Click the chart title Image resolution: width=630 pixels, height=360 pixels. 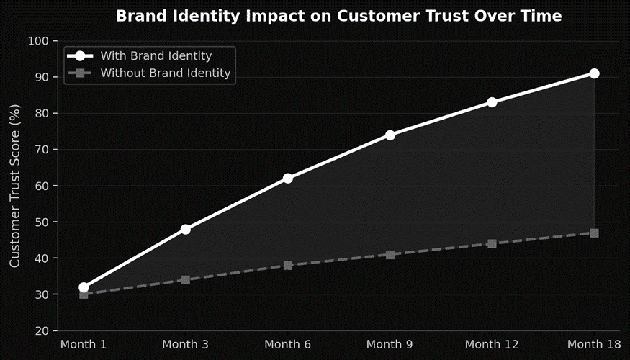[x=338, y=16]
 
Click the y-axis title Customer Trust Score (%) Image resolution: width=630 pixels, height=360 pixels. [x=15, y=186]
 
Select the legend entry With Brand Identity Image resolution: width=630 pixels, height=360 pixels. [x=156, y=55]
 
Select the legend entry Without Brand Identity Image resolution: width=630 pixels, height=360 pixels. [x=165, y=73]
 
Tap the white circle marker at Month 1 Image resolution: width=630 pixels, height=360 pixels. [x=84, y=287]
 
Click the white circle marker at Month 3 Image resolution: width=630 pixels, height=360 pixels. [x=186, y=229]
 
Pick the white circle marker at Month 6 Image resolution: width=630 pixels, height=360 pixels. [x=288, y=178]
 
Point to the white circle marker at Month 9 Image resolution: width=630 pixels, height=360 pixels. [x=390, y=135]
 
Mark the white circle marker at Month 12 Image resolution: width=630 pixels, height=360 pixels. [x=492, y=102]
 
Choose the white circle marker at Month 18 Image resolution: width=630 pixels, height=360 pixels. [x=594, y=73]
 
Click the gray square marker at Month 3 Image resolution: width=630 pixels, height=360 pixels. [x=186, y=280]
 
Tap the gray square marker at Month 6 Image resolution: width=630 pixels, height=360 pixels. [x=288, y=265]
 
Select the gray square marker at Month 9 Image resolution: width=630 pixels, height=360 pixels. [x=390, y=254]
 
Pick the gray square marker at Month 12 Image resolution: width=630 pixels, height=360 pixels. [x=492, y=243]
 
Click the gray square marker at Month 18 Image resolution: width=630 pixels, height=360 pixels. [x=594, y=233]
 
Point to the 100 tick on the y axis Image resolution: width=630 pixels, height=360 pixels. [x=37, y=41]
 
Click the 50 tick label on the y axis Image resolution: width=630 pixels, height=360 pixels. [x=40, y=222]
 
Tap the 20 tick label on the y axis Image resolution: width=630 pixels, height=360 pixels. [x=40, y=331]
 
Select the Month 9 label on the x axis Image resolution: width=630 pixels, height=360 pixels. [x=390, y=345]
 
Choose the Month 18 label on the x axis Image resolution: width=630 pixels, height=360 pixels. [x=594, y=345]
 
